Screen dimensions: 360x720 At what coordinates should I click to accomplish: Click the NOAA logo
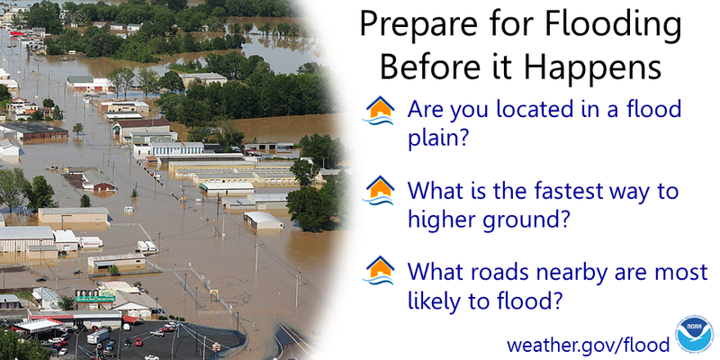pos(694,335)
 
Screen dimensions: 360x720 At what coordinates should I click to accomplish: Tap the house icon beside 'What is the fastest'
pos(381,191)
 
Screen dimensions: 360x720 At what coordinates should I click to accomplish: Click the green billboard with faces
pos(94,294)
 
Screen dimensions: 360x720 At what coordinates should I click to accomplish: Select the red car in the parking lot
pos(127,342)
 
